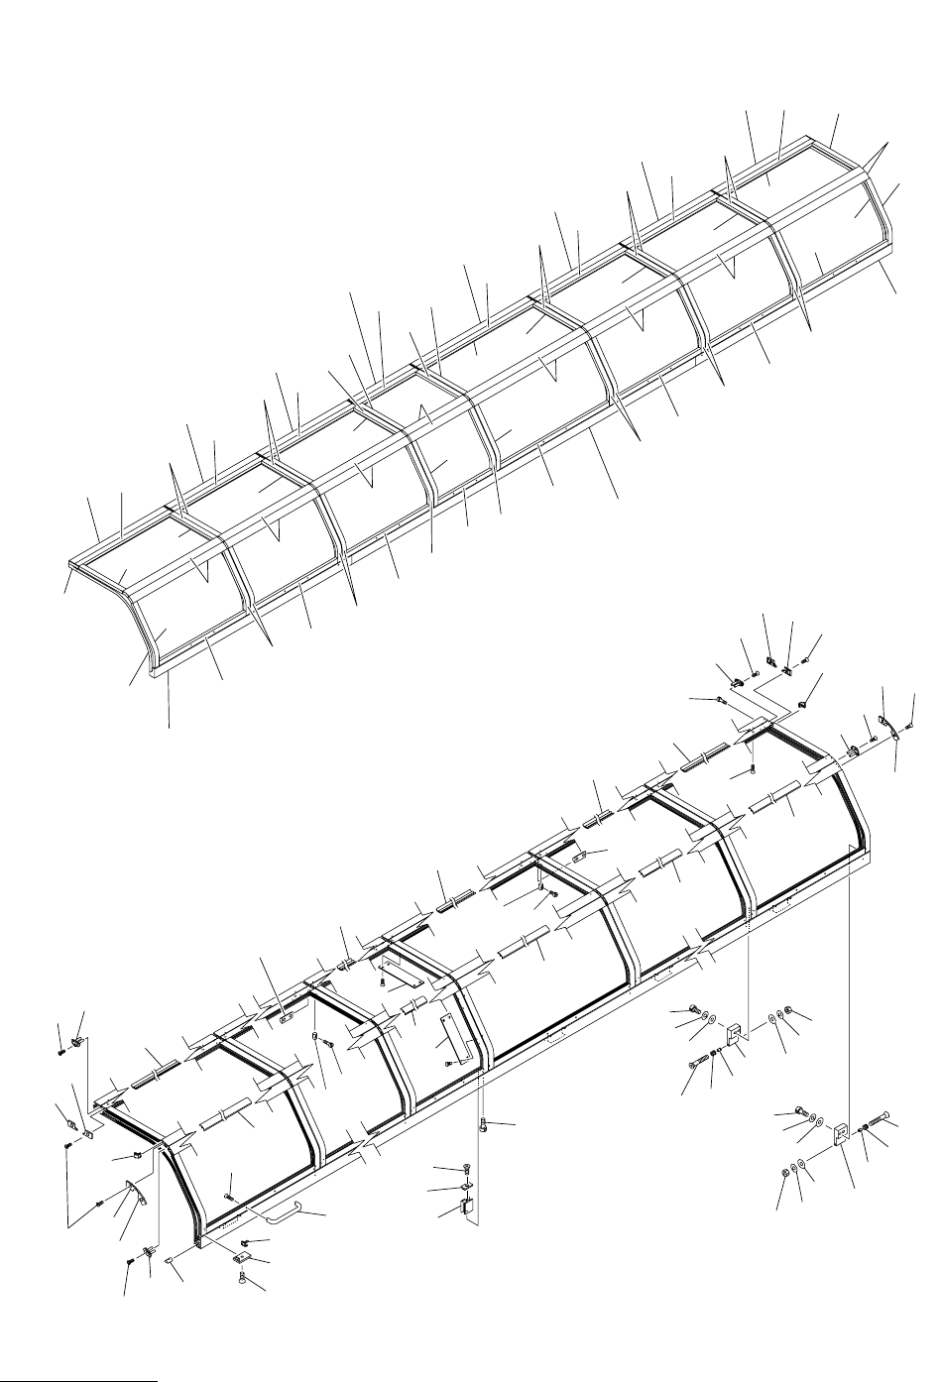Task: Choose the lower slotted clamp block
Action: tap(839, 1133)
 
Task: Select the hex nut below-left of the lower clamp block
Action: tap(783, 1173)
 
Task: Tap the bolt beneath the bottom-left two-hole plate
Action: tap(243, 1279)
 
